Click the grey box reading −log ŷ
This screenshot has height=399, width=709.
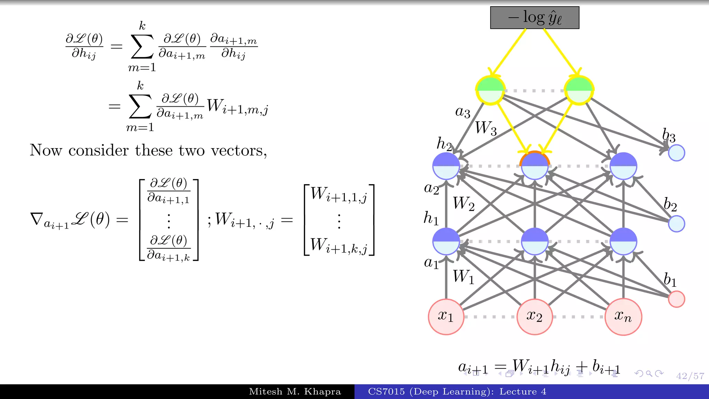click(535, 18)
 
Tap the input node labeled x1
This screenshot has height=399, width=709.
click(446, 317)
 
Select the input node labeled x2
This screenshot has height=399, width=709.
click(535, 317)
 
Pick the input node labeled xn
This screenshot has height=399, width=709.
click(623, 317)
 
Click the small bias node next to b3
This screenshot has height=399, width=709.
click(676, 153)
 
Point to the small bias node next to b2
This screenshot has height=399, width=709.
click(676, 223)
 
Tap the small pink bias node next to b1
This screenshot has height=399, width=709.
click(676, 299)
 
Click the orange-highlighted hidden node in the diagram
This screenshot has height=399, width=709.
click(535, 166)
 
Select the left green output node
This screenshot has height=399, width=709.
click(490, 90)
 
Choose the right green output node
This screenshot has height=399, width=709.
click(579, 90)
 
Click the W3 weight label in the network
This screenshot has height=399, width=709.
click(486, 128)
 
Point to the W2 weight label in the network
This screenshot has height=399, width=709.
click(464, 203)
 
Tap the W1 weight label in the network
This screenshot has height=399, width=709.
click(464, 277)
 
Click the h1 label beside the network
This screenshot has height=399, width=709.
click(431, 218)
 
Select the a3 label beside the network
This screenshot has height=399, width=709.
click(463, 112)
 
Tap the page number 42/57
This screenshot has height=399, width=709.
click(690, 376)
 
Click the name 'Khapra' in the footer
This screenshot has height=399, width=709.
click(322, 392)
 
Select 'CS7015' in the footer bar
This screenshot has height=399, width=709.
click(386, 392)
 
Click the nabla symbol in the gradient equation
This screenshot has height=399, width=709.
click(37, 219)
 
